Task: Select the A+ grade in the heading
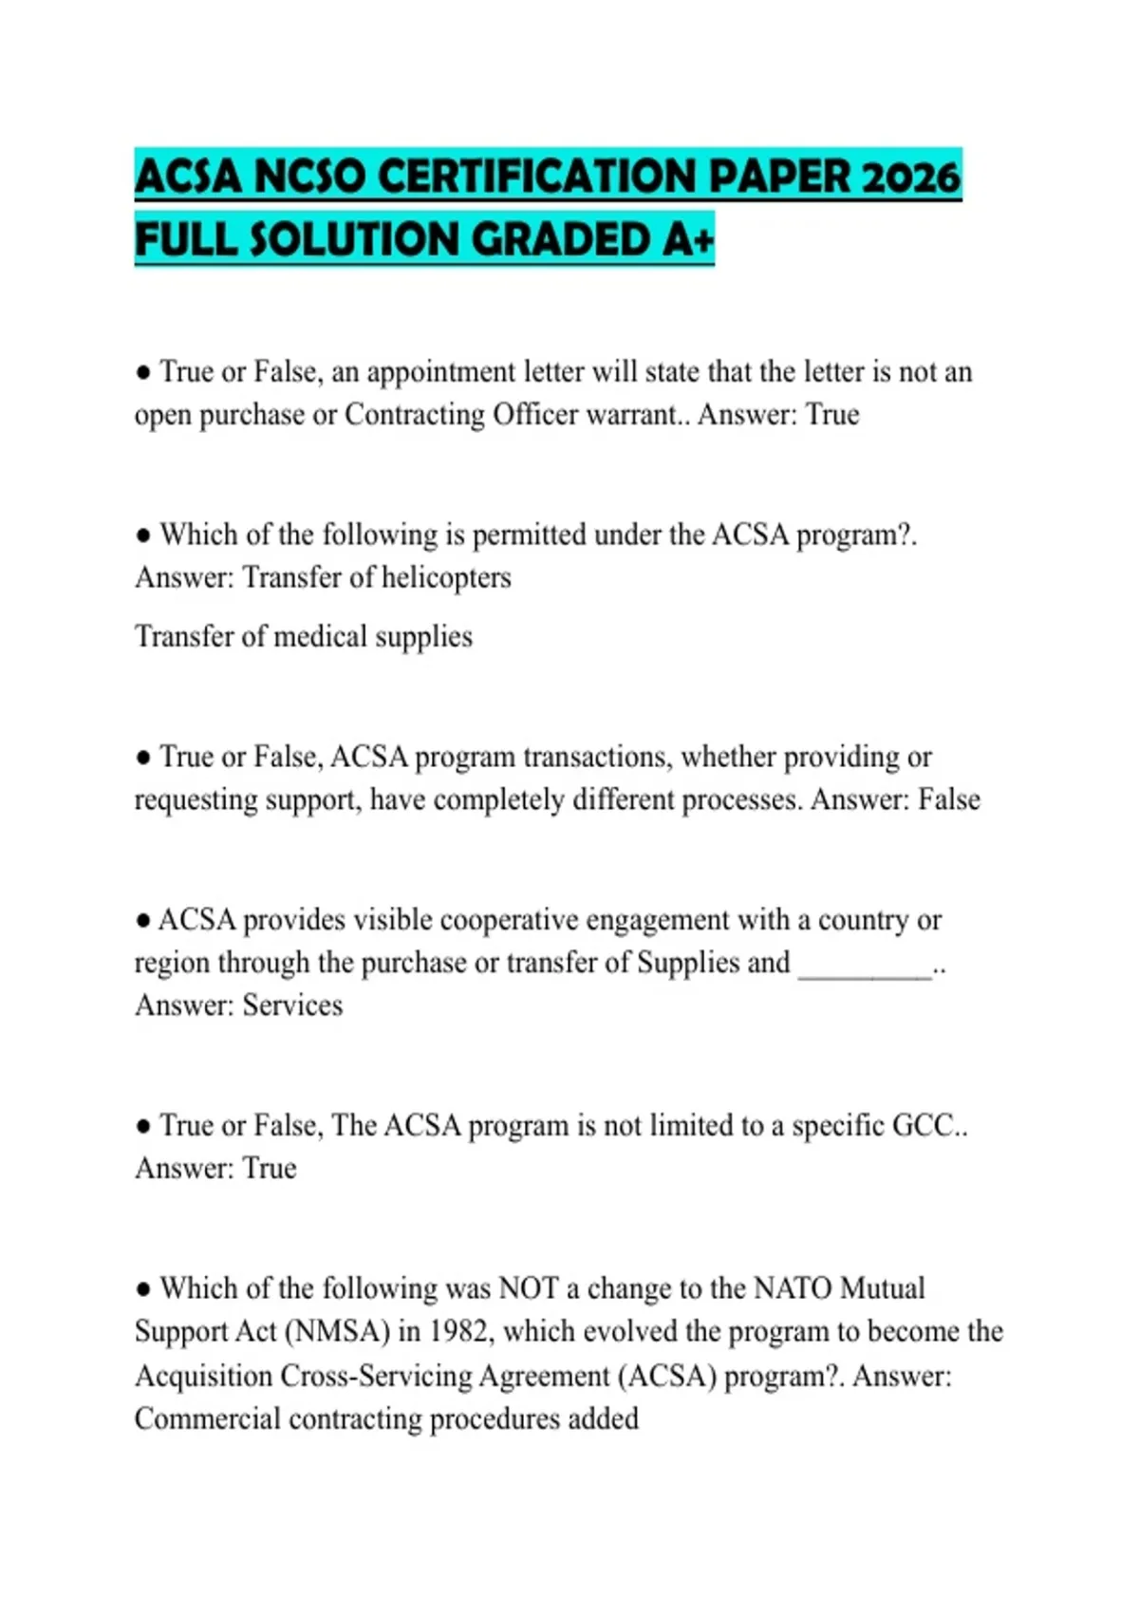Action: (688, 239)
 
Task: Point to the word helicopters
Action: (446, 577)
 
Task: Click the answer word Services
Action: (292, 1005)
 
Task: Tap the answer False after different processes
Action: (948, 799)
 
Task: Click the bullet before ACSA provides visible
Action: (143, 920)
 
